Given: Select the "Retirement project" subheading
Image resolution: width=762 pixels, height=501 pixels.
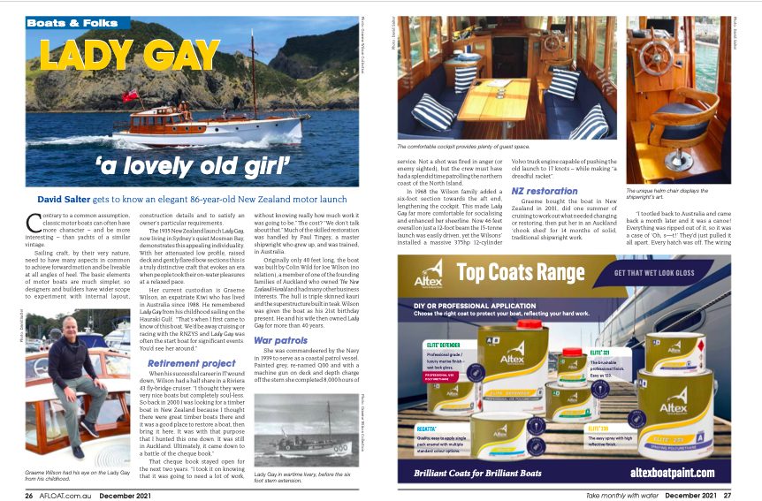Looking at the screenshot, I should [x=191, y=363].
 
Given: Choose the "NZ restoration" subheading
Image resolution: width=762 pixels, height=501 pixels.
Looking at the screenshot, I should [x=545, y=191].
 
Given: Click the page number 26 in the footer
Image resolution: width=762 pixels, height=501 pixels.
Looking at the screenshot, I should [x=29, y=495].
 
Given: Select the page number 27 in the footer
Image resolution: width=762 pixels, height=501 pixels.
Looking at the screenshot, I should [x=727, y=495].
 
